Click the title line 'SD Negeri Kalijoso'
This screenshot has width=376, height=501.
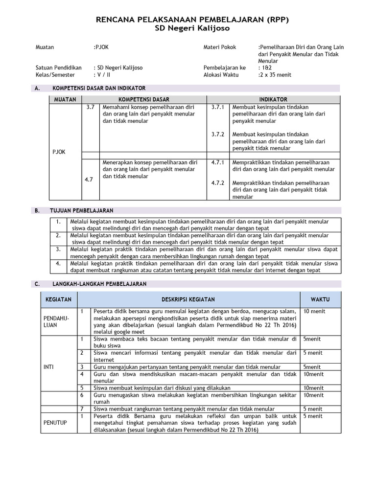tap(188, 29)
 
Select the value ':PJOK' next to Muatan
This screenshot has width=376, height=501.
tap(102, 47)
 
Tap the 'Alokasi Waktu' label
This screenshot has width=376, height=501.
tap(220, 75)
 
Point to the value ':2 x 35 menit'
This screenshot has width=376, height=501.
tap(275, 75)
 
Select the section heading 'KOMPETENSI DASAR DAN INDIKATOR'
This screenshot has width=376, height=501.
tap(97, 88)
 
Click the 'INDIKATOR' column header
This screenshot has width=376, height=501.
tap(273, 99)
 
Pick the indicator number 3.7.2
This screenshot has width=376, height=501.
tap(217, 134)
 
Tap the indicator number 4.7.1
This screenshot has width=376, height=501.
tap(217, 162)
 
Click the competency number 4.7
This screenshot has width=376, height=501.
tap(89, 180)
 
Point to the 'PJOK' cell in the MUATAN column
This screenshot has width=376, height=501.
tap(59, 152)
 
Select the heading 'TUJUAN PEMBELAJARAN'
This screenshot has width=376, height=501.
tap(81, 210)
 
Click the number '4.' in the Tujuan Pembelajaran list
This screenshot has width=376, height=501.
tap(58, 263)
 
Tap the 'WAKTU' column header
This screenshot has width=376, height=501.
tap(320, 299)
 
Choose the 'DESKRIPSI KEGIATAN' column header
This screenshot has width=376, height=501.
tap(188, 299)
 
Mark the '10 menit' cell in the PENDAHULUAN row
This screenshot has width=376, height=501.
tap(314, 311)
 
